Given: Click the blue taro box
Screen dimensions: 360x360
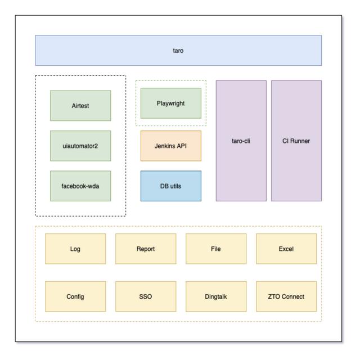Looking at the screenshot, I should click(x=178, y=51).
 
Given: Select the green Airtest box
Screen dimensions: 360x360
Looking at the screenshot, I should click(x=80, y=105).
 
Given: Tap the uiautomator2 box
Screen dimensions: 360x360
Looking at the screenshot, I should click(x=80, y=146).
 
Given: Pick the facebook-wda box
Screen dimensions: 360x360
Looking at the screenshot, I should click(x=80, y=186).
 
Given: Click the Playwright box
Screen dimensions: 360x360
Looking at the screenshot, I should click(x=171, y=103).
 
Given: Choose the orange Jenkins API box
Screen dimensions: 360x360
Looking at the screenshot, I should click(x=171, y=146).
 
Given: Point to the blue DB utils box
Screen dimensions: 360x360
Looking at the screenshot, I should click(x=171, y=186).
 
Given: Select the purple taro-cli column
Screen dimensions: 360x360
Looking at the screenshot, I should click(x=241, y=141).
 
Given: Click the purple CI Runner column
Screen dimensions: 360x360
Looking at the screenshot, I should click(x=296, y=141).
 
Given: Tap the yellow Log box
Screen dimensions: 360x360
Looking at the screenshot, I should click(x=75, y=249).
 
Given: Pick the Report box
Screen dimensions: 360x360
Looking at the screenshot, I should click(x=146, y=249).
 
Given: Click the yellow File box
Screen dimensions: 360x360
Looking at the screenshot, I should click(x=216, y=249).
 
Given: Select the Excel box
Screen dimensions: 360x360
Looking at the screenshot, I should click(x=286, y=249).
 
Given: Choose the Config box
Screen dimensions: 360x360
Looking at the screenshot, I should click(x=75, y=296).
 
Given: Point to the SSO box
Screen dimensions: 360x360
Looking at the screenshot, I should click(x=146, y=296).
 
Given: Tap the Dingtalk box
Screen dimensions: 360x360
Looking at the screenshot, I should click(x=216, y=296).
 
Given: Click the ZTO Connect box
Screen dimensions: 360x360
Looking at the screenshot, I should click(x=286, y=296).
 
